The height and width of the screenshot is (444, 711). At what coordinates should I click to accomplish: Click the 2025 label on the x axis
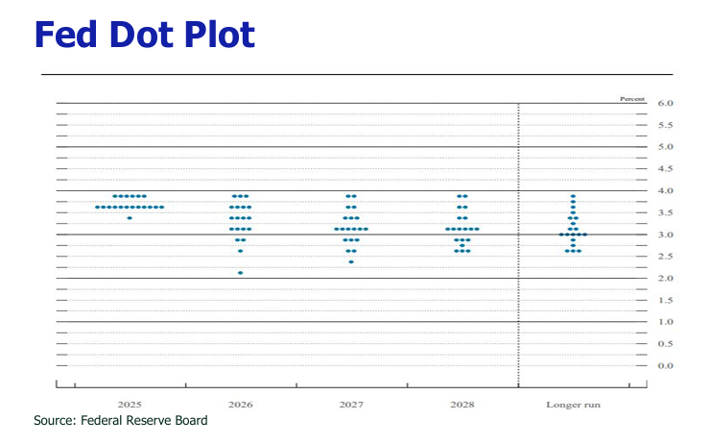(130, 405)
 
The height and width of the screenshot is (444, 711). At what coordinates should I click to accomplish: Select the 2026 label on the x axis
(241, 405)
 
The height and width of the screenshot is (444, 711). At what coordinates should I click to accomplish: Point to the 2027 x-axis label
(351, 405)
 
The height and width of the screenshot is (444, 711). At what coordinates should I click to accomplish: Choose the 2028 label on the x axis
(462, 405)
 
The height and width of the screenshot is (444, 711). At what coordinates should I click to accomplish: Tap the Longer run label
(573, 405)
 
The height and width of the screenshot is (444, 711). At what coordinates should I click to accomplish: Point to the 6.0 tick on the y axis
(666, 103)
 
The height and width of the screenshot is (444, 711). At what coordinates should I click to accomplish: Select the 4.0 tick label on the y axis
(666, 190)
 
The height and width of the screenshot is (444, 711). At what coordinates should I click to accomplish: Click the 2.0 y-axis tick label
(666, 279)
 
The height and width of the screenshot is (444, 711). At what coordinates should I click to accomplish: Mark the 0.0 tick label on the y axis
(666, 366)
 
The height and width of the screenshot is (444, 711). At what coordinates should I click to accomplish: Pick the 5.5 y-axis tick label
(666, 125)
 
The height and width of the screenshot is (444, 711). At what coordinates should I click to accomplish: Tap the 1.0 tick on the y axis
(666, 322)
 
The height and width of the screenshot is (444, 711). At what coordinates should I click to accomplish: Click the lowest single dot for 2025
(130, 218)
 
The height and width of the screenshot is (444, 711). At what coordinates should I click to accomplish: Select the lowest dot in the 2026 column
(240, 273)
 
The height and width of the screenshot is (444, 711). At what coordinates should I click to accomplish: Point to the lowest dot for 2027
(351, 261)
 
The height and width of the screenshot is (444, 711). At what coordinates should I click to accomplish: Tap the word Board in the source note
(190, 421)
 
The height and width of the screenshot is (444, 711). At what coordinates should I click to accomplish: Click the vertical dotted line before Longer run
(518, 240)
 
